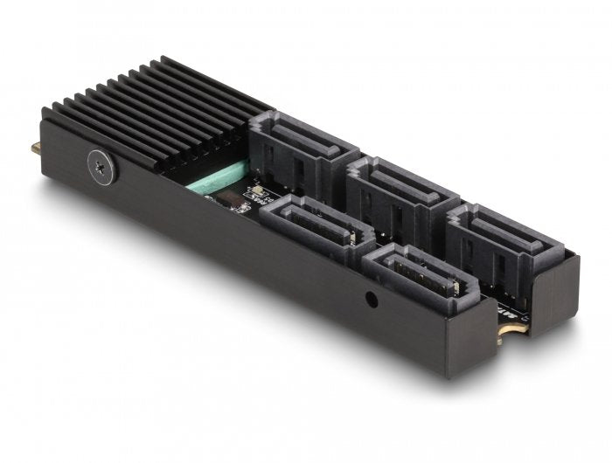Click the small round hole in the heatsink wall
(x=372, y=299)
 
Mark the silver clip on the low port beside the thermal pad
(x=348, y=237)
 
